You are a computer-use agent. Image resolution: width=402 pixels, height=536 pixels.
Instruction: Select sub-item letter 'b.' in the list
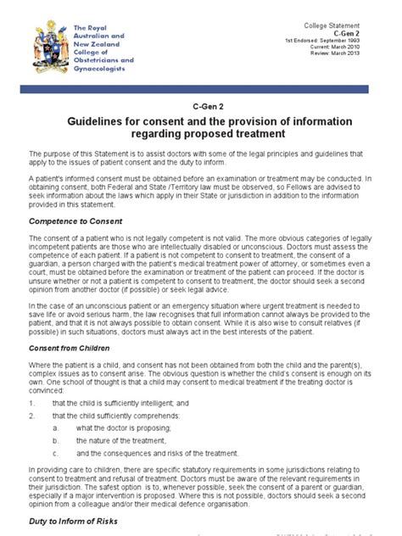click(x=57, y=441)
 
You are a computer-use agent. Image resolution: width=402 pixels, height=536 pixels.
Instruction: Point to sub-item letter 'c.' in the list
click(x=57, y=454)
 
